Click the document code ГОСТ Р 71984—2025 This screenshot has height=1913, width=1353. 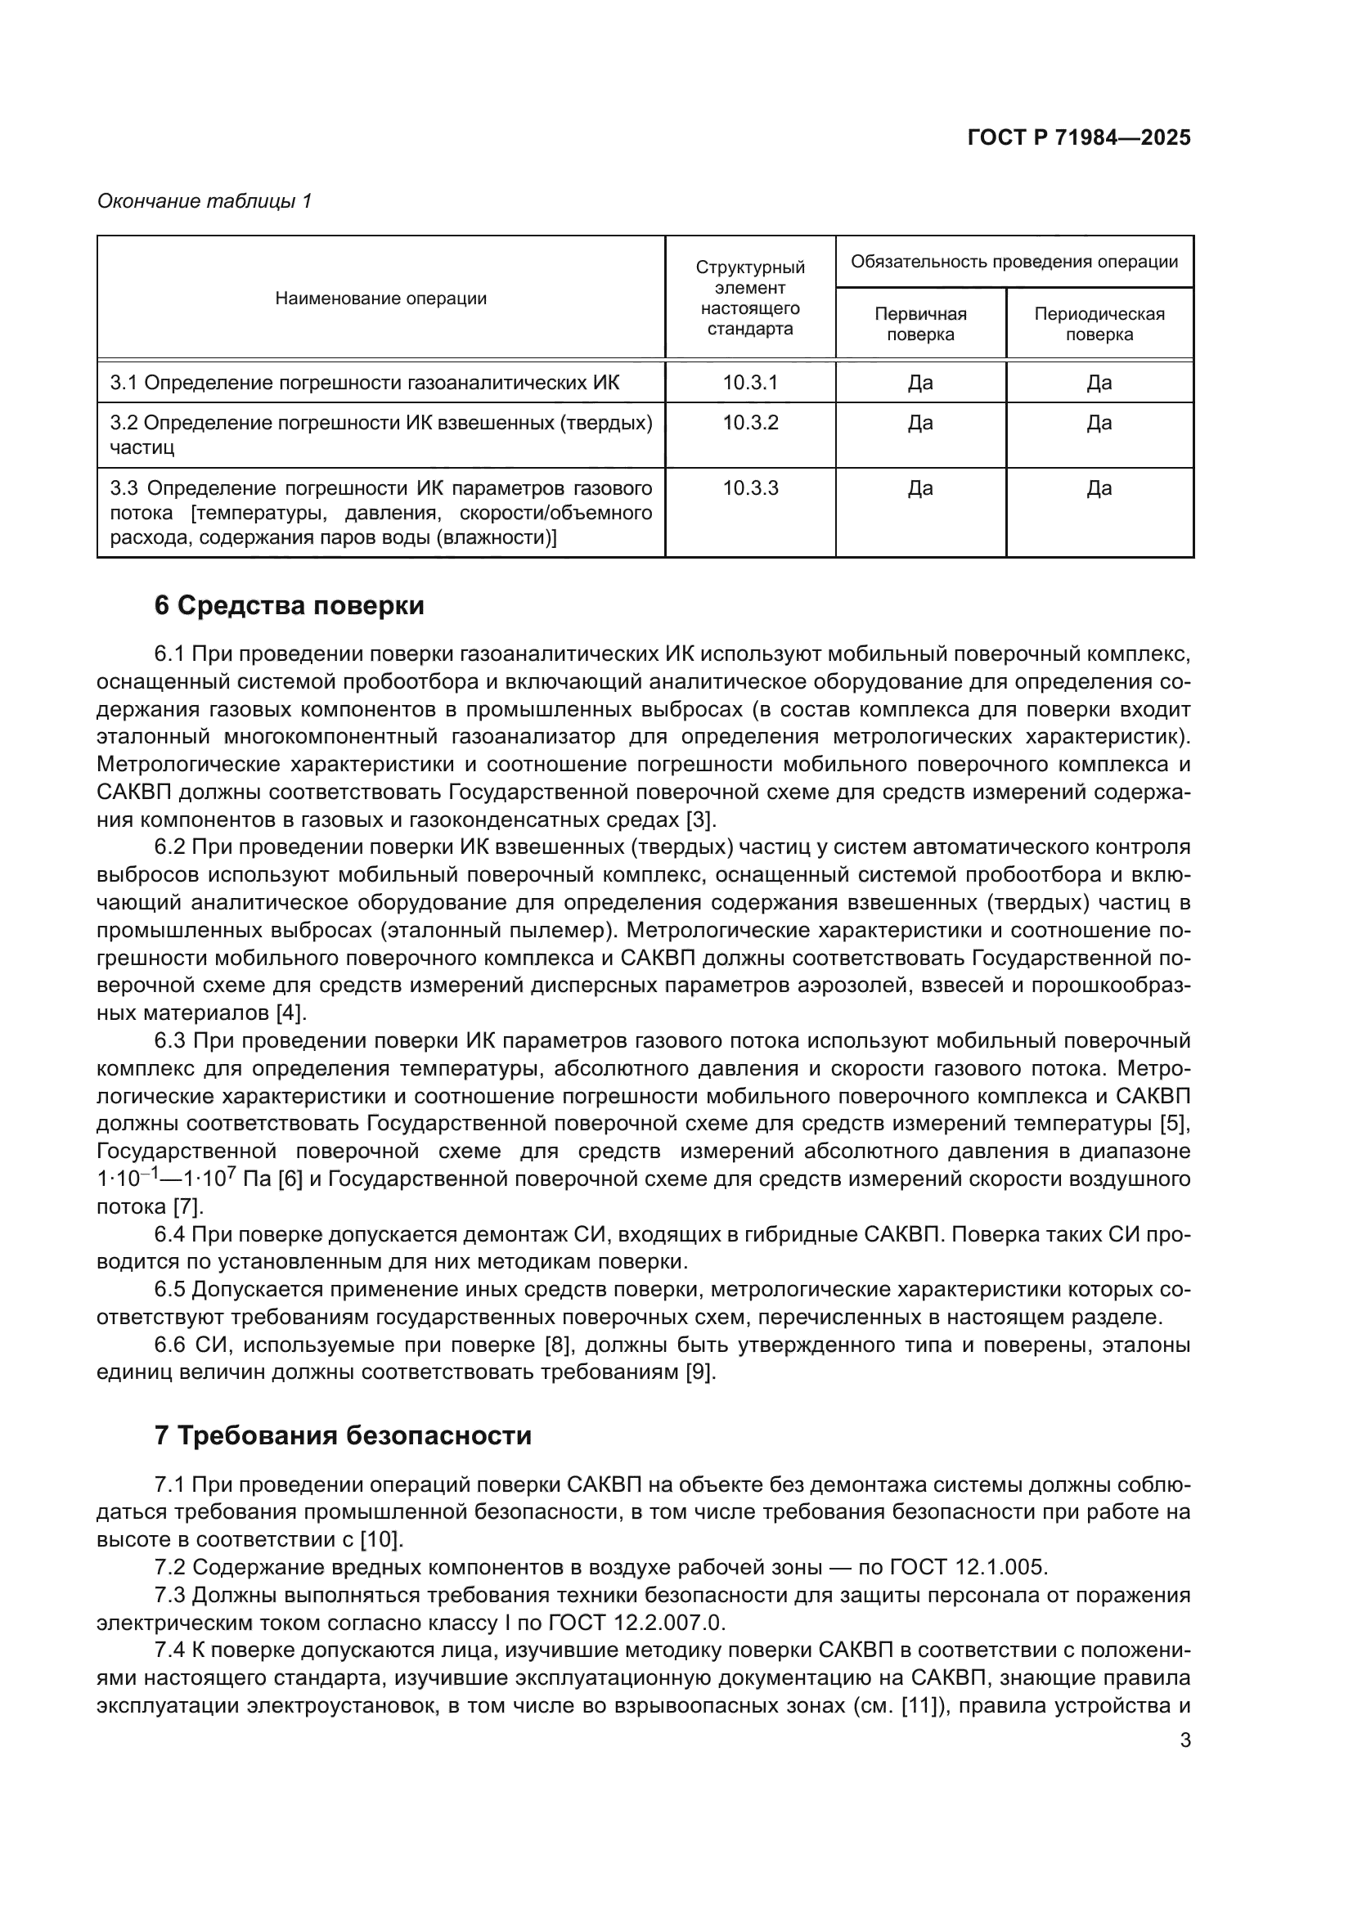pyautogui.click(x=1079, y=138)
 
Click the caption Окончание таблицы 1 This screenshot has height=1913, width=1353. pyautogui.click(x=205, y=201)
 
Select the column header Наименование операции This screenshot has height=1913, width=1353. pyautogui.click(x=380, y=299)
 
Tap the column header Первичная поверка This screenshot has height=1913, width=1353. pyautogui.click(x=919, y=324)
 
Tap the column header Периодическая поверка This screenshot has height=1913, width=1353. pyautogui.click(x=1099, y=324)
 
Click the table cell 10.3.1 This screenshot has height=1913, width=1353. pyautogui.click(x=750, y=383)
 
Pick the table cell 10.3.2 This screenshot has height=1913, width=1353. pyautogui.click(x=750, y=422)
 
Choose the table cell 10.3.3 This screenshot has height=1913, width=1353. pyautogui.click(x=750, y=488)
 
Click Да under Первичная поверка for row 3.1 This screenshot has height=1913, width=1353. pyautogui.click(x=919, y=383)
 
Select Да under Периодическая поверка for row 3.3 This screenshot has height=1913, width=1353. pyautogui.click(x=1099, y=488)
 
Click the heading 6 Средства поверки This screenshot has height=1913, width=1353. pyautogui.click(x=289, y=606)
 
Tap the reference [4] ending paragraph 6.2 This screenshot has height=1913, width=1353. pyautogui.click(x=290, y=1013)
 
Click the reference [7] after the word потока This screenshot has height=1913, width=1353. pyautogui.click(x=187, y=1206)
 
